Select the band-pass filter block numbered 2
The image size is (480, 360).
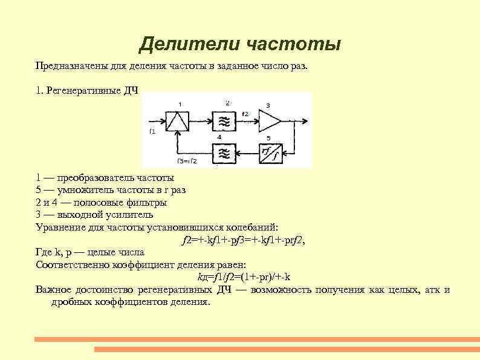[224, 121]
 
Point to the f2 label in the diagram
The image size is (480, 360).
[245, 114]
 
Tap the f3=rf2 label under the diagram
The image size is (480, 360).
[188, 161]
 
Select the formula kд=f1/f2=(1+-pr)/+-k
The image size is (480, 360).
[244, 277]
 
